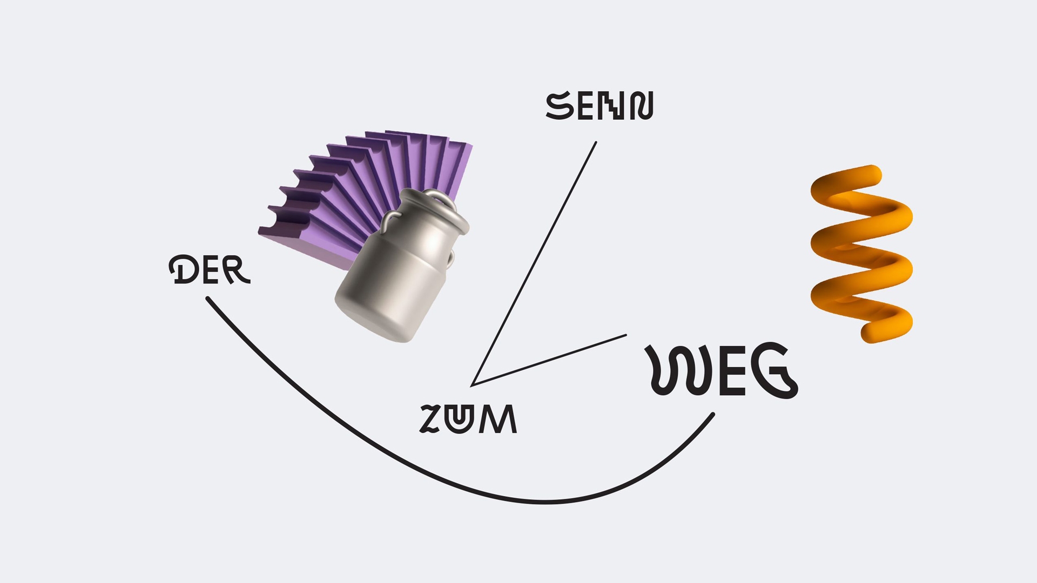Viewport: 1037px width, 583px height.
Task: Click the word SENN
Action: click(x=600, y=106)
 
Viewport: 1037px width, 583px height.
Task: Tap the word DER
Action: click(x=210, y=269)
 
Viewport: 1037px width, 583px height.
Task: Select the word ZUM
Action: click(x=468, y=419)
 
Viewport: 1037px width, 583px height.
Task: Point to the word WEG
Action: click(x=722, y=370)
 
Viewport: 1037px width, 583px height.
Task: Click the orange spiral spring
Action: click(x=861, y=254)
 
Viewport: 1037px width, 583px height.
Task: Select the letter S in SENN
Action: click(x=560, y=106)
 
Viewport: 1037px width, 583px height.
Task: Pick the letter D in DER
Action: click(x=181, y=269)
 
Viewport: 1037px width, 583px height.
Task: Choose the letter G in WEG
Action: click(x=775, y=371)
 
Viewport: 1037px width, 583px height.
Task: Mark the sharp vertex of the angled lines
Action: click(x=473, y=385)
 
